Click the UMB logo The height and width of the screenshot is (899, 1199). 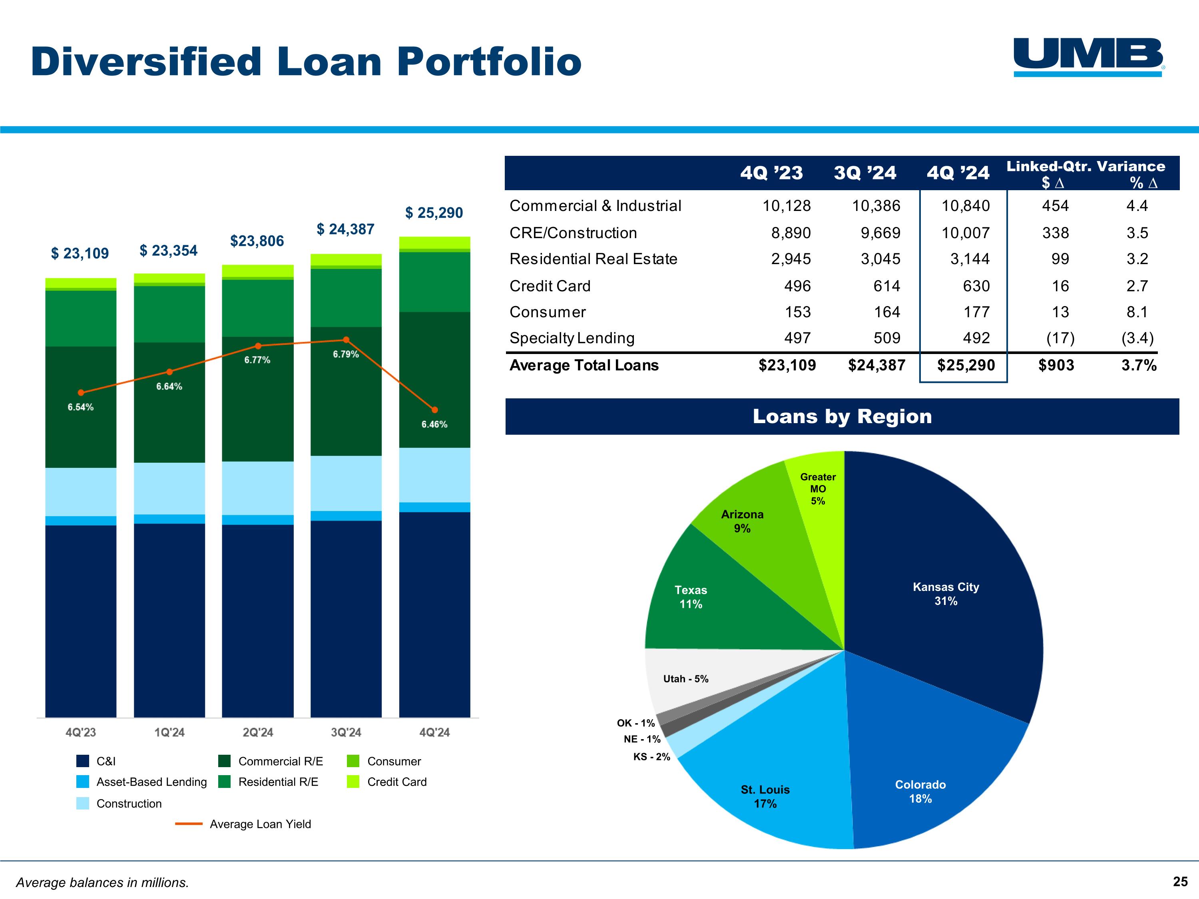click(1088, 56)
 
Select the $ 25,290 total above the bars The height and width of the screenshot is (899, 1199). click(434, 213)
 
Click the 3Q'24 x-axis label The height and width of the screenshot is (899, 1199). click(346, 732)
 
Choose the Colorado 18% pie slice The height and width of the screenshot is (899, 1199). click(920, 791)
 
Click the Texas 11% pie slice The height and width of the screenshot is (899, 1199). click(691, 597)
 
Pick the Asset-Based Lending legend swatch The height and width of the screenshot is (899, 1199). click(82, 782)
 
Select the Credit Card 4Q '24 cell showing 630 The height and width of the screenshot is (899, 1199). click(976, 286)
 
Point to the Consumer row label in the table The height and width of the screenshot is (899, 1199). click(548, 312)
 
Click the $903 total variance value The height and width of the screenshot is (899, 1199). click(1056, 365)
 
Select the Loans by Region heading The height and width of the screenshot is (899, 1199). click(842, 416)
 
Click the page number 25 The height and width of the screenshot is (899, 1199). click(1180, 882)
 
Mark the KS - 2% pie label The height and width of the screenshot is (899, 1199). click(651, 756)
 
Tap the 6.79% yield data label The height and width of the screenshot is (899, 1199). click(345, 354)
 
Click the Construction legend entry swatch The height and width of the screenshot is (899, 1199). click(82, 803)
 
